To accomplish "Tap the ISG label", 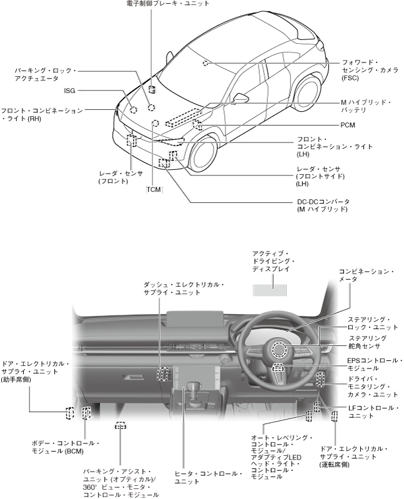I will pos(69,91).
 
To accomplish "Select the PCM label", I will pos(348,126).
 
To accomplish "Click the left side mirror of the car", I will pos(240,98).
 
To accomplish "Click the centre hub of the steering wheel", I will pos(278,350).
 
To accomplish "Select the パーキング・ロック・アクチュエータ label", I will pos(45,75).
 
